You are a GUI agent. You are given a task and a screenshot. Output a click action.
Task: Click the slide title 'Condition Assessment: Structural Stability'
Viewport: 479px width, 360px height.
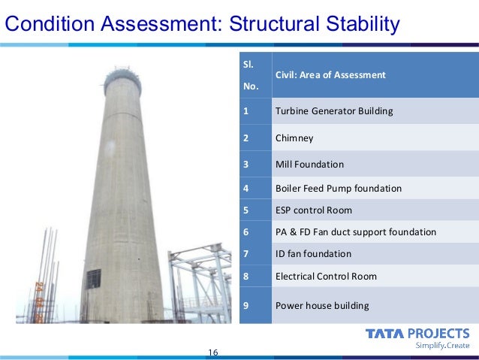202,25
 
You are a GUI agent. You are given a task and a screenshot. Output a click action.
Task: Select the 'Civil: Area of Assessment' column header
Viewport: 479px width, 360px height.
330,75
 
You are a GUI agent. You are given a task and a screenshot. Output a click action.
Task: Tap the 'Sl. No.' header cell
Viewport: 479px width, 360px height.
250,75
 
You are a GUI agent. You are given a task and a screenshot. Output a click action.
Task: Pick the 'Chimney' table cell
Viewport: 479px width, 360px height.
294,138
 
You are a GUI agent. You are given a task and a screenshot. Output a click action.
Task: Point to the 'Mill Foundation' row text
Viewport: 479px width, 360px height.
309,164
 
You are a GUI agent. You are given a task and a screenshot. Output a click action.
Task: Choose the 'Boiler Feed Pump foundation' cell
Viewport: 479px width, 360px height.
338,188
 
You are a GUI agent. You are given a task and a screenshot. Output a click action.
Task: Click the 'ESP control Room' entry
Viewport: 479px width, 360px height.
313,210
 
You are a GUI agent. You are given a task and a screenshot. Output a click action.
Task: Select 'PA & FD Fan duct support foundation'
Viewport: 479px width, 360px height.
355,232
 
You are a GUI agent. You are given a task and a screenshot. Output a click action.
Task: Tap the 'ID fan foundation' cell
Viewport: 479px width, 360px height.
313,254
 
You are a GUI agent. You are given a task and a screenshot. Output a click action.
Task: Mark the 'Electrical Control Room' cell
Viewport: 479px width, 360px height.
326,277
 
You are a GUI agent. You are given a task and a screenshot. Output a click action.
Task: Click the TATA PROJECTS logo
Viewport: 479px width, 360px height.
417,333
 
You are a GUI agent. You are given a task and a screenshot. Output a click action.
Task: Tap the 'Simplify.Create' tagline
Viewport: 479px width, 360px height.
443,346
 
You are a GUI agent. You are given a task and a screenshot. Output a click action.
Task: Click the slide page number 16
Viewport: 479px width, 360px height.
212,352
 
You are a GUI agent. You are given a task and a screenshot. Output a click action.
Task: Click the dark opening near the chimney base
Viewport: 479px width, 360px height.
93,279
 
